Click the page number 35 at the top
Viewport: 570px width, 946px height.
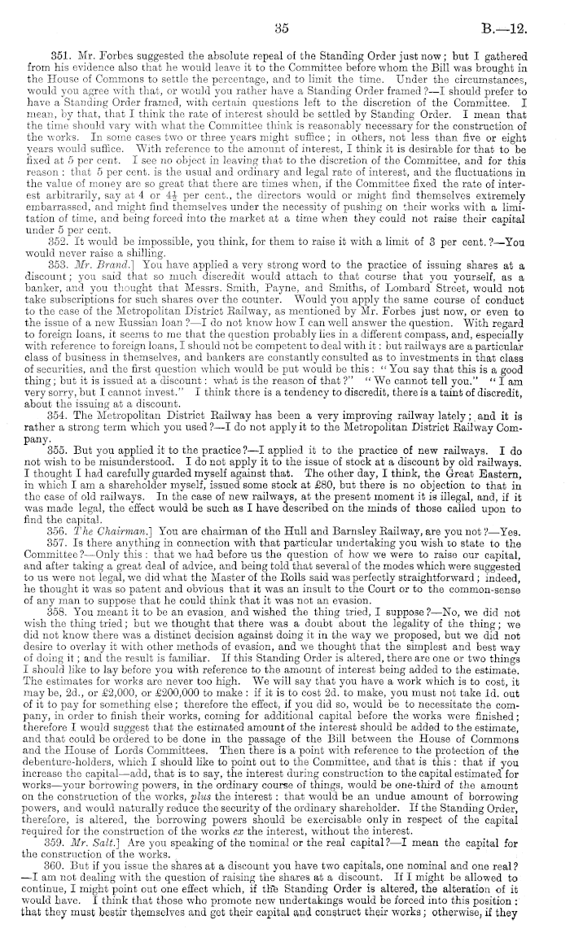(x=283, y=27)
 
